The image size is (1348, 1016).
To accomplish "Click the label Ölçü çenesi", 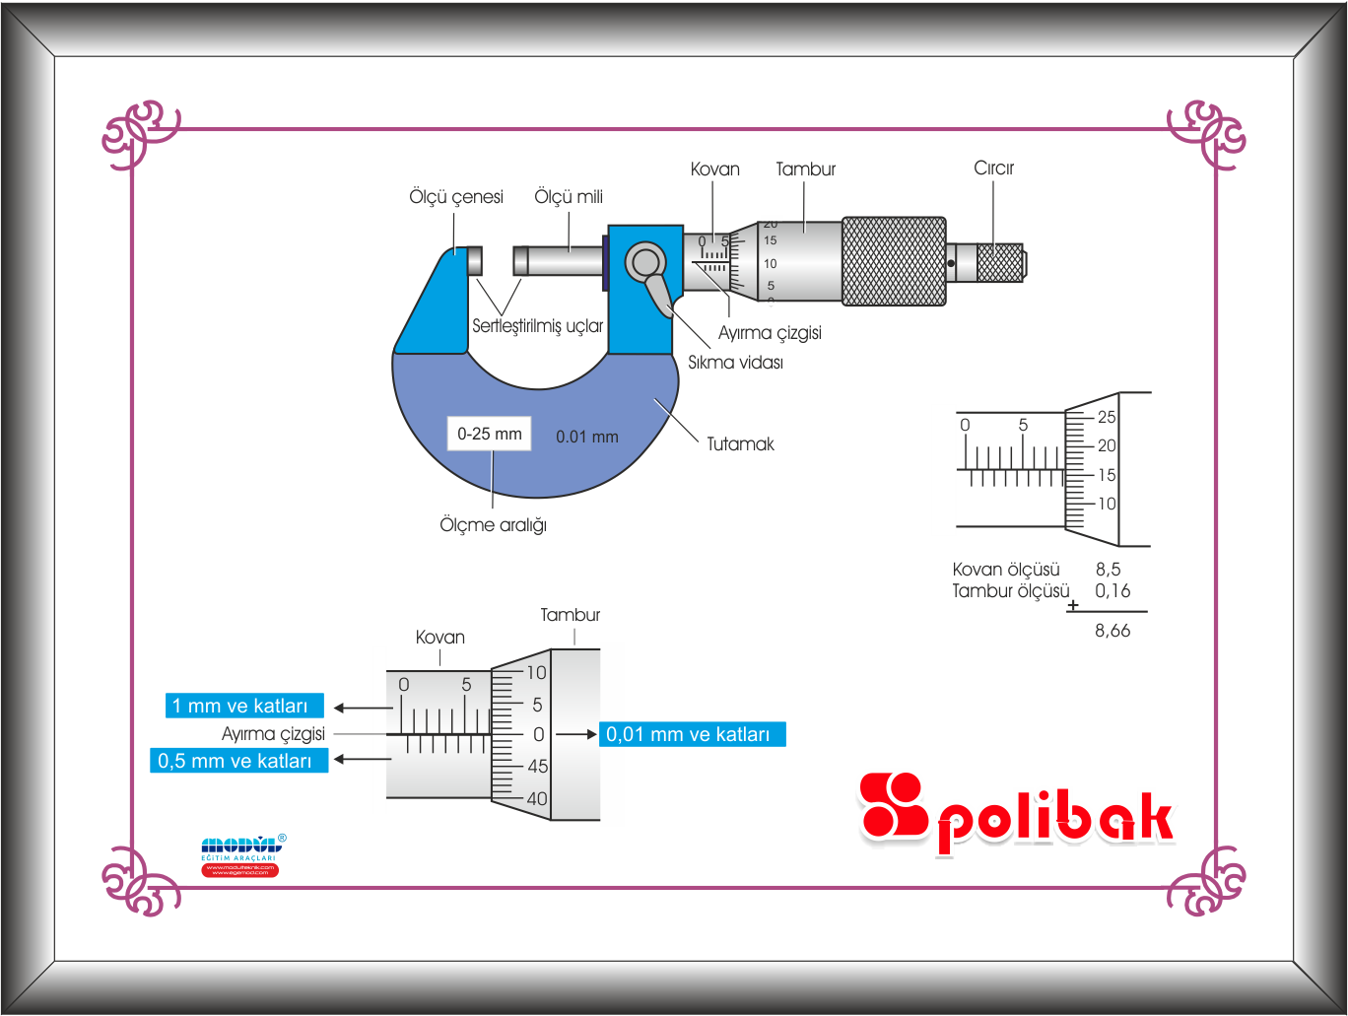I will [x=456, y=197].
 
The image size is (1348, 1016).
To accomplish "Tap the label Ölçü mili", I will [x=569, y=197].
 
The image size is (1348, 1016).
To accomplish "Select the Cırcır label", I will [x=993, y=169].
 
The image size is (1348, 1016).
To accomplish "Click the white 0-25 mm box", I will [x=490, y=434].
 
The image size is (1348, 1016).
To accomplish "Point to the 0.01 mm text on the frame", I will [x=587, y=437].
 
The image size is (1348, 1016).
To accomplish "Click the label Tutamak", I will [x=740, y=444].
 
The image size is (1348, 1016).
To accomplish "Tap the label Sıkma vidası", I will [x=735, y=363].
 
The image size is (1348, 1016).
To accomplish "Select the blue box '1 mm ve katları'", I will [x=244, y=706].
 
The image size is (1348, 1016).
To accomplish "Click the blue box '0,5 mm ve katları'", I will [x=238, y=761].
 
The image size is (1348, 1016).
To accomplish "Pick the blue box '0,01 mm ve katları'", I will [x=692, y=734].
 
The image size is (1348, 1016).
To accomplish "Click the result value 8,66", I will [x=1112, y=631].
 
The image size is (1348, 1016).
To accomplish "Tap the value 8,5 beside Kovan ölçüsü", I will [x=1108, y=570].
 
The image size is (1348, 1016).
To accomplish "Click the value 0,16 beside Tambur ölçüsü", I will [x=1112, y=591].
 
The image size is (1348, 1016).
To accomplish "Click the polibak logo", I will [x=1016, y=814].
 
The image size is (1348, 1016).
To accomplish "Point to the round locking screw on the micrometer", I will [x=645, y=261].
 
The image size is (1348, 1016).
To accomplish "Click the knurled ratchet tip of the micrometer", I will [x=1000, y=263].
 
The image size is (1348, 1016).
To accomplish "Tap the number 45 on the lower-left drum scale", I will [x=537, y=767].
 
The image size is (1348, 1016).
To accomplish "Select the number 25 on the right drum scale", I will [x=1107, y=417].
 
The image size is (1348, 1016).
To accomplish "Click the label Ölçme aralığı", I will [x=493, y=525].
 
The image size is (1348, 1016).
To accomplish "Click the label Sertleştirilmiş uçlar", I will [x=537, y=326].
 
